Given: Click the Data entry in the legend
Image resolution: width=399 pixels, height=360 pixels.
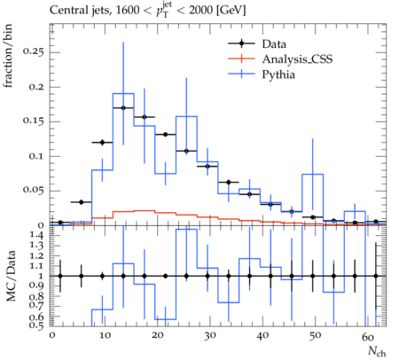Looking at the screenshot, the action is [x=274, y=44].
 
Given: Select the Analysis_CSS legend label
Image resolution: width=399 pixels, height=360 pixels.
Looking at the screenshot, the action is [x=297, y=59].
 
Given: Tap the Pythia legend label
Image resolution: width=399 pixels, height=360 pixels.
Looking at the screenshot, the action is [x=278, y=74].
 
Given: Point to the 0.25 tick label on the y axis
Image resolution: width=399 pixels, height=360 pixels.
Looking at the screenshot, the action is [x=34, y=52].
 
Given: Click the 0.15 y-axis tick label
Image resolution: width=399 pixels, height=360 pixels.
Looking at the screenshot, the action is [x=34, y=121].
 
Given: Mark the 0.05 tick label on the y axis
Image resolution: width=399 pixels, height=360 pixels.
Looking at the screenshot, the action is [x=34, y=191].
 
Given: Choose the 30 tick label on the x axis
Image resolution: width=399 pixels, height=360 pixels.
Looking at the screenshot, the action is [x=209, y=335].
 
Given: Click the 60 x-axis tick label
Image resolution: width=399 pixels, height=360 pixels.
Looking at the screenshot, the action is [x=368, y=337].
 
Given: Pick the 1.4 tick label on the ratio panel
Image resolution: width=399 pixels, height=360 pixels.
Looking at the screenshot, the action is [x=36, y=235].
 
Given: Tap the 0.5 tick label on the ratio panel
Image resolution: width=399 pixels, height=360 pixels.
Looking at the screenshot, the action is [x=36, y=325].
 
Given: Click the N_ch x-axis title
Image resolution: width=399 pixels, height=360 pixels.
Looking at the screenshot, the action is [x=377, y=351].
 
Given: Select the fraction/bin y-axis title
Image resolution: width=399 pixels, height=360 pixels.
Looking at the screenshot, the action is [x=8, y=56].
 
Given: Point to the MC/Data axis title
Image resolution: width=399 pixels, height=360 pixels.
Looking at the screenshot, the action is [x=11, y=276].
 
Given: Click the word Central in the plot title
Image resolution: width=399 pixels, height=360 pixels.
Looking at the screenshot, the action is [x=66, y=10].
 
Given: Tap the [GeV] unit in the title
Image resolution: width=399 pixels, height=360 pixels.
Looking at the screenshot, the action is [x=231, y=11].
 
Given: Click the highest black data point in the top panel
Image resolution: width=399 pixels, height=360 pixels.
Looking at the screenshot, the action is [x=123, y=108].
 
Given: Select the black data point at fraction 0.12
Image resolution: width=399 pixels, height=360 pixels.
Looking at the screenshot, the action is [x=102, y=143].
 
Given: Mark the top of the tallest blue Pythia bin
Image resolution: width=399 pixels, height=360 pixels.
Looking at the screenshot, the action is [x=123, y=93].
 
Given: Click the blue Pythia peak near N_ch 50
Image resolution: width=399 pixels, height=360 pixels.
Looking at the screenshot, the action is [x=313, y=174].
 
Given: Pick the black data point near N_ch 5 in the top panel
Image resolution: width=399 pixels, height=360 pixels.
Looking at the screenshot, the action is [x=82, y=202].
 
